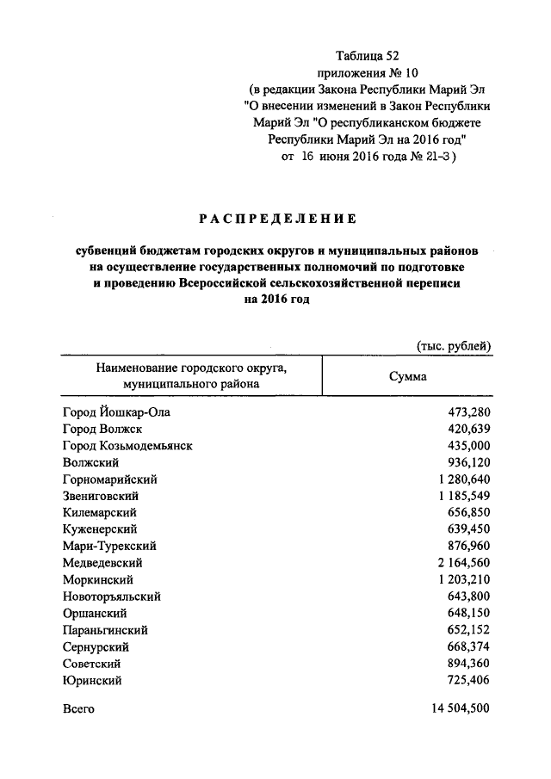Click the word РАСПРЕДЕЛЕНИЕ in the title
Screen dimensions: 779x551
click(x=275, y=219)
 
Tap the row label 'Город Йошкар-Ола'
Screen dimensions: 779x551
click(x=116, y=412)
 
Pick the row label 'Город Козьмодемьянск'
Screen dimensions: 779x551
click(x=127, y=446)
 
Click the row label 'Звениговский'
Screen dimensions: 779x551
click(x=101, y=497)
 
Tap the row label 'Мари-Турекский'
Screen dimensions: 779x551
click(x=108, y=547)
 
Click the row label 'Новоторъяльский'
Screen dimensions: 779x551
click(x=112, y=597)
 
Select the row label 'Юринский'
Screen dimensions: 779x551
click(x=92, y=680)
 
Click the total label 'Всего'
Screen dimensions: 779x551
click(x=78, y=710)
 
